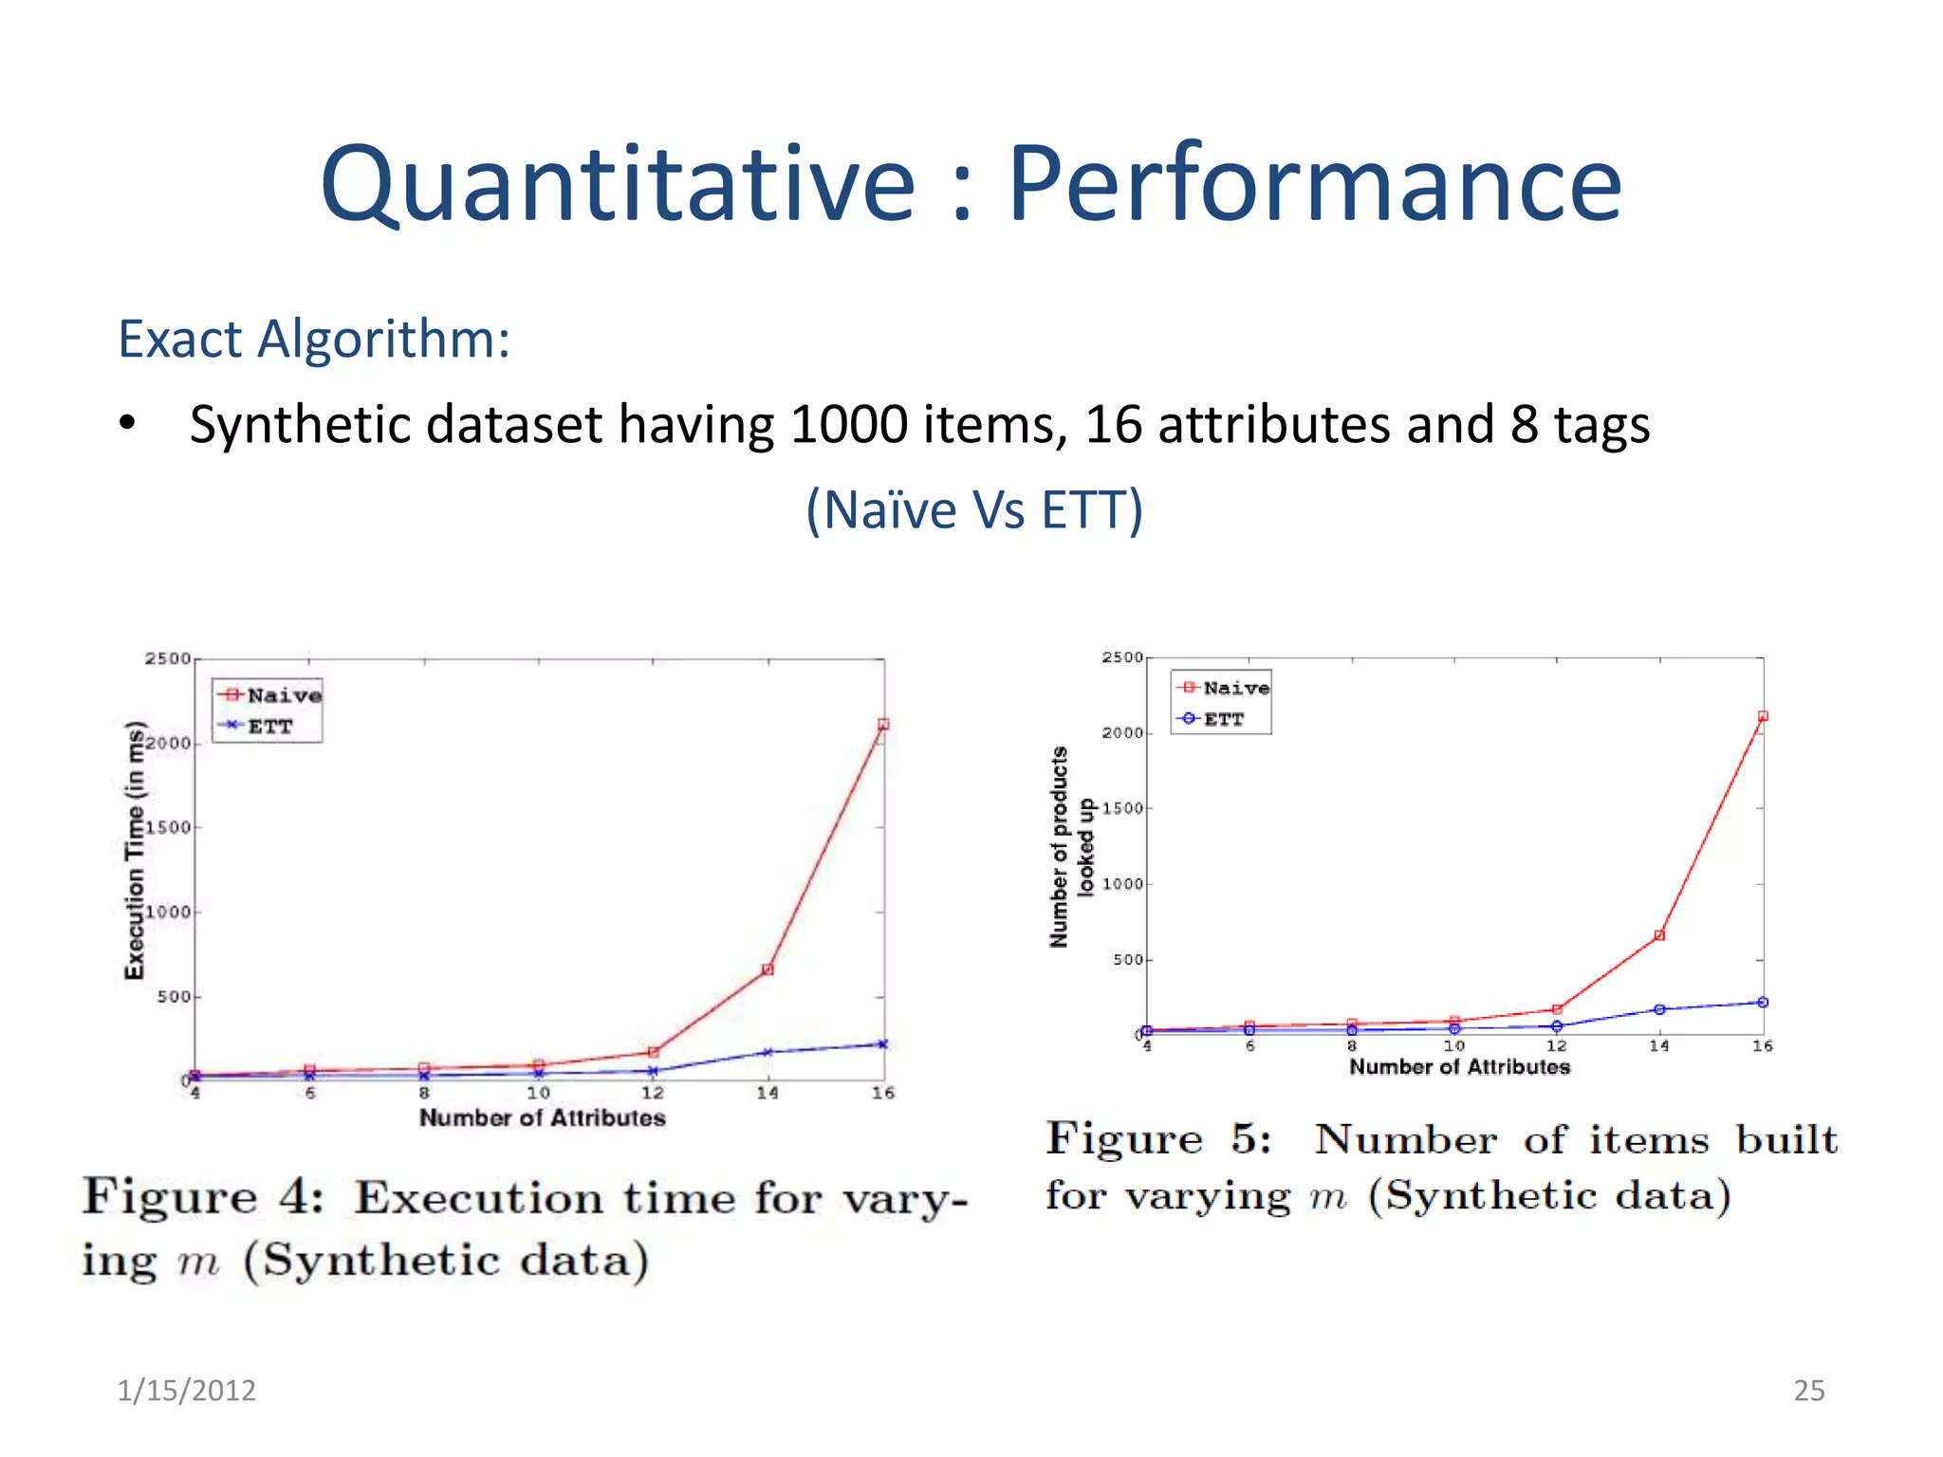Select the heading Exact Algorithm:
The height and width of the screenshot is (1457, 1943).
click(x=314, y=339)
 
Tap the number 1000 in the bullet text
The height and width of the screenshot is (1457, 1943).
click(x=847, y=424)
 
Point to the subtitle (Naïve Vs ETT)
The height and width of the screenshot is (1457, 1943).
click(x=974, y=509)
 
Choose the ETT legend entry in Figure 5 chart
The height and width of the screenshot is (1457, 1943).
click(x=1222, y=719)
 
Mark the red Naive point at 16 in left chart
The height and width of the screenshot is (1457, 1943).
click(x=883, y=725)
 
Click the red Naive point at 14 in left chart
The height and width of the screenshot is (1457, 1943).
click(x=768, y=969)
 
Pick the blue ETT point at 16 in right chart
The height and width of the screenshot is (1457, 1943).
click(x=1763, y=1003)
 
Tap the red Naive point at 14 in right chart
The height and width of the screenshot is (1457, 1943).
click(x=1659, y=935)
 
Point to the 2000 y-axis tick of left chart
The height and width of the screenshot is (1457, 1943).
click(x=168, y=743)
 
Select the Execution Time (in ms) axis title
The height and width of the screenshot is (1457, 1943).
click(x=136, y=850)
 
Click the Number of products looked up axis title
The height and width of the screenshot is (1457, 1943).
click(x=1072, y=846)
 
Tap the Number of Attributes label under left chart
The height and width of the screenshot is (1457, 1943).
click(x=542, y=1117)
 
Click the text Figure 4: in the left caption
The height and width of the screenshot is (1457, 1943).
click(x=202, y=1197)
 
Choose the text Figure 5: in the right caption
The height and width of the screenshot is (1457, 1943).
click(x=1158, y=1139)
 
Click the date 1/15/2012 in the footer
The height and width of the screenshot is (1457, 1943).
click(x=186, y=1390)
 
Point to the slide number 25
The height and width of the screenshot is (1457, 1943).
click(x=1808, y=1390)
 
